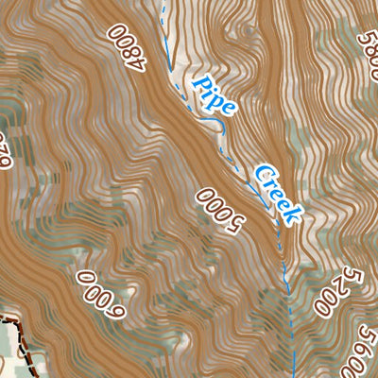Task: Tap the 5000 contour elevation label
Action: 219,210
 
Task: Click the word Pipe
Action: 215,97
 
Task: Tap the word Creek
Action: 276,194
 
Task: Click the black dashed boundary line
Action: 17,331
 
